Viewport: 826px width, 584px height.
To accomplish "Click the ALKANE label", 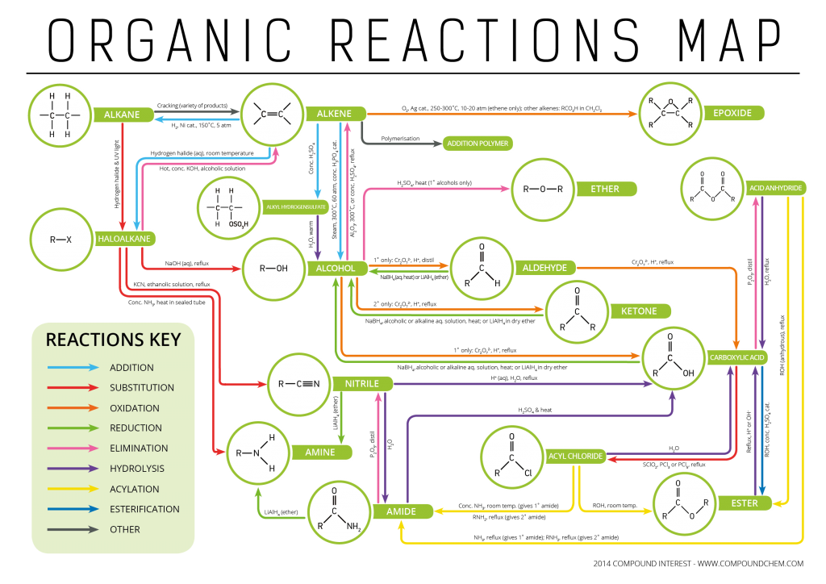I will pos(122,115).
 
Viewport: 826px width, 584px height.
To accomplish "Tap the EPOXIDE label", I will pos(732,113).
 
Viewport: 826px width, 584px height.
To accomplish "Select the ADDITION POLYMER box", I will pos(478,144).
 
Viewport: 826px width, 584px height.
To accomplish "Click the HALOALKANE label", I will pos(125,239).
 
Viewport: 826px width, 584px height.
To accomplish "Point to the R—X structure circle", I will pos(61,240).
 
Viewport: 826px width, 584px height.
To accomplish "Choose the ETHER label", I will pos(604,189).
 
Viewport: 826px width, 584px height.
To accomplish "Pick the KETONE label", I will pos(639,311).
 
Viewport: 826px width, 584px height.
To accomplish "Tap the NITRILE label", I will pos(361,383).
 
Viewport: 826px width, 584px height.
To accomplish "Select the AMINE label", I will pos(319,452).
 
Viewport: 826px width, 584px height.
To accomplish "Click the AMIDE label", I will pos(400,511).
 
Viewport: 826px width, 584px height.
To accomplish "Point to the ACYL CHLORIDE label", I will pos(575,456).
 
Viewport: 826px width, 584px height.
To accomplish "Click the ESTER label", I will pos(745,503).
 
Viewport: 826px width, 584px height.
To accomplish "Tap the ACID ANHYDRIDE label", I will pos(775,188).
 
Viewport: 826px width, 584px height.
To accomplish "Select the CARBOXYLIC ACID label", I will pos(736,357).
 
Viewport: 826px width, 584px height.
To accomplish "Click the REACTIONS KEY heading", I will pos(113,339).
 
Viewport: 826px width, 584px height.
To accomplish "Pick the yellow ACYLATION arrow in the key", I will pos(72,489).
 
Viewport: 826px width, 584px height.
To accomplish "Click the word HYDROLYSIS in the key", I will pos(136,469).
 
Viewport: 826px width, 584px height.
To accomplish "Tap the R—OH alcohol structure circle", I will pos(273,269).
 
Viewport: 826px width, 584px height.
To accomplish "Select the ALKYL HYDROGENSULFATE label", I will pos(296,207).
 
